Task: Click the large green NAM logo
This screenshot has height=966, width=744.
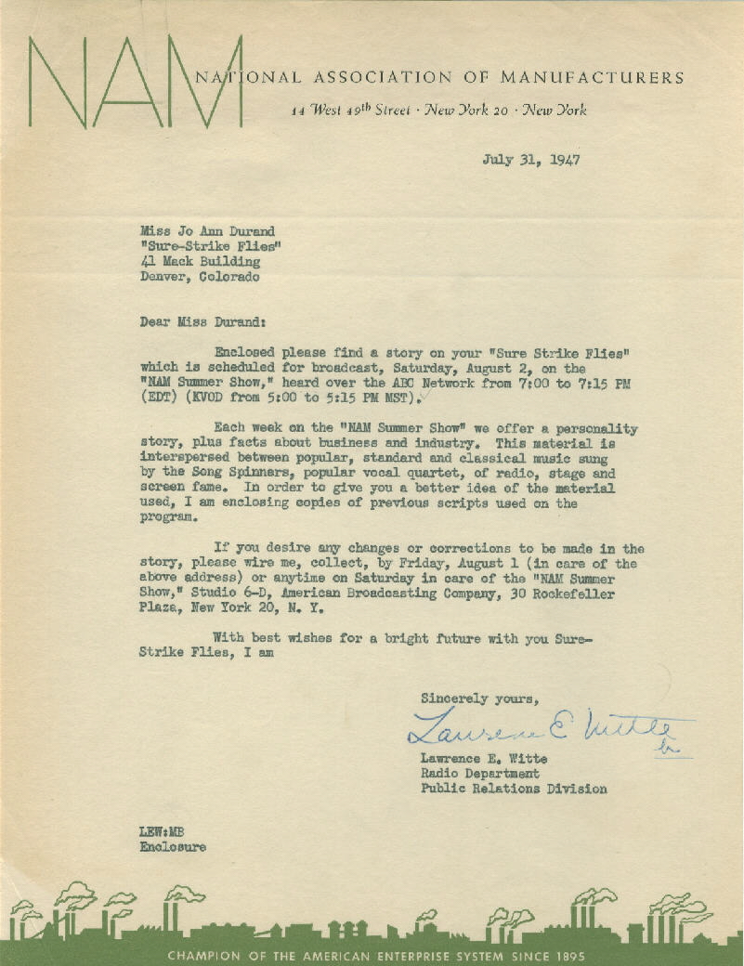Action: pos(136,84)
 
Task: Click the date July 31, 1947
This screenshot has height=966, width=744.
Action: pos(531,159)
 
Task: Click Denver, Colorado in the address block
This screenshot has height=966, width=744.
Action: pos(200,276)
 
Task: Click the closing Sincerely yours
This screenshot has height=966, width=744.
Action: pos(479,698)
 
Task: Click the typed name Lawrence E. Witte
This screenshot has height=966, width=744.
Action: pos(483,759)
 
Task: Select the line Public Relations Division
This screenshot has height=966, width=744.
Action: pos(514,789)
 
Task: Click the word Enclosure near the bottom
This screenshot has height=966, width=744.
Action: pos(173,847)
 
